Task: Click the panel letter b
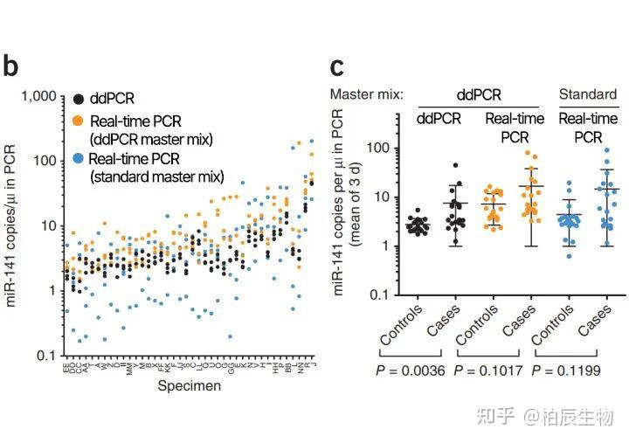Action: coord(11,66)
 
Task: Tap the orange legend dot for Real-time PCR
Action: coord(80,120)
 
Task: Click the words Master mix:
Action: coord(366,93)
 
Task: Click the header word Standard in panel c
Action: coord(586,93)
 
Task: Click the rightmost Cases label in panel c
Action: coord(597,322)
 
